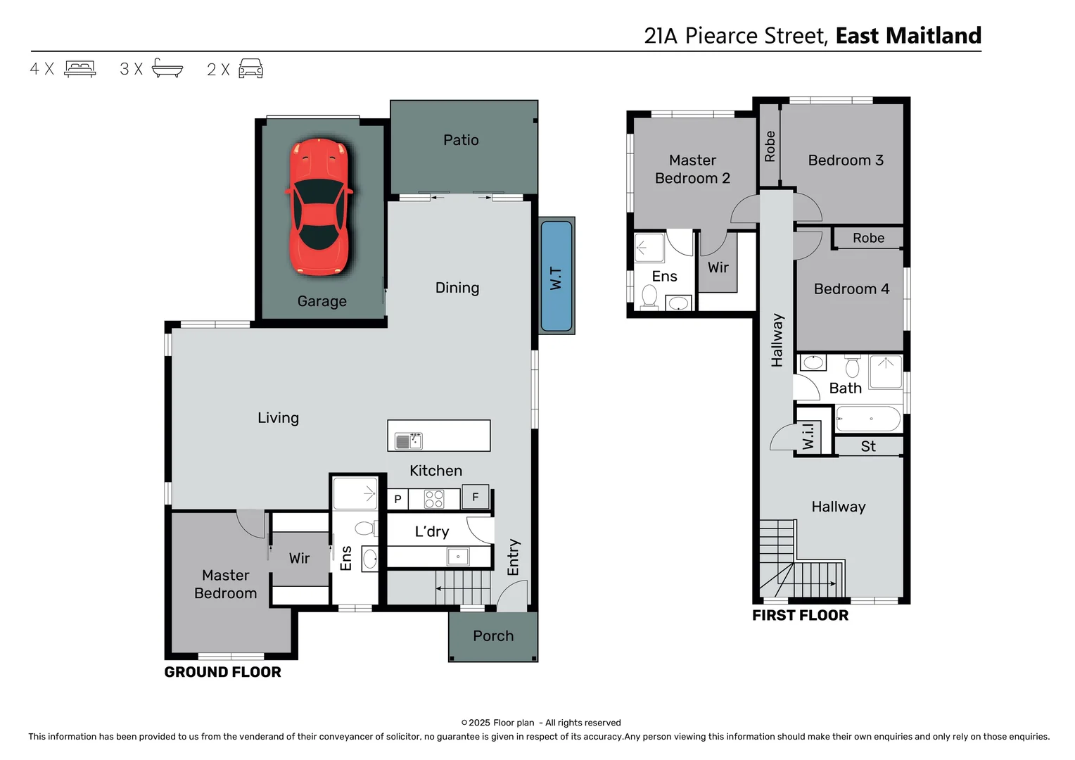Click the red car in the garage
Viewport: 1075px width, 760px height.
click(x=319, y=207)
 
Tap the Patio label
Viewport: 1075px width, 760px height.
click(x=461, y=140)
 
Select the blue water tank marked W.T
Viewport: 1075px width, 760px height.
click(x=556, y=276)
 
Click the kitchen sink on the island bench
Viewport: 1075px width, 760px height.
click(x=409, y=441)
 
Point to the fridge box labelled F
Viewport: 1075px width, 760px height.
click(x=475, y=497)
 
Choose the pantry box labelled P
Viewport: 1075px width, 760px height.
click(x=397, y=500)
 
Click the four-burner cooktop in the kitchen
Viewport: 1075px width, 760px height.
click(x=434, y=499)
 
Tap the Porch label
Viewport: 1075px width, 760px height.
click(x=493, y=636)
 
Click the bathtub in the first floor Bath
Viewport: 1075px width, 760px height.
click(x=868, y=419)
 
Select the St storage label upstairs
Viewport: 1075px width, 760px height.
click(x=868, y=446)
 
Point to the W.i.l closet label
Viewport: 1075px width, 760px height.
click(x=808, y=436)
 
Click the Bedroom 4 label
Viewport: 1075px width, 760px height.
click(x=851, y=289)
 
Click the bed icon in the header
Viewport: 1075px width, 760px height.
click(x=80, y=69)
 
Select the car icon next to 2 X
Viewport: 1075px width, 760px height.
click(x=251, y=68)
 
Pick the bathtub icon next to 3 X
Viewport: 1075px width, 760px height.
click(x=167, y=68)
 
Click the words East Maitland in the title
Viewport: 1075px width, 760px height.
click(x=908, y=35)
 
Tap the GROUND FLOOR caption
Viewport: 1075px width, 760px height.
click(x=223, y=672)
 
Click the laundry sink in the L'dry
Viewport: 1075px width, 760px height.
click(x=458, y=557)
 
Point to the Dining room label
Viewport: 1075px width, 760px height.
click(x=457, y=288)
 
